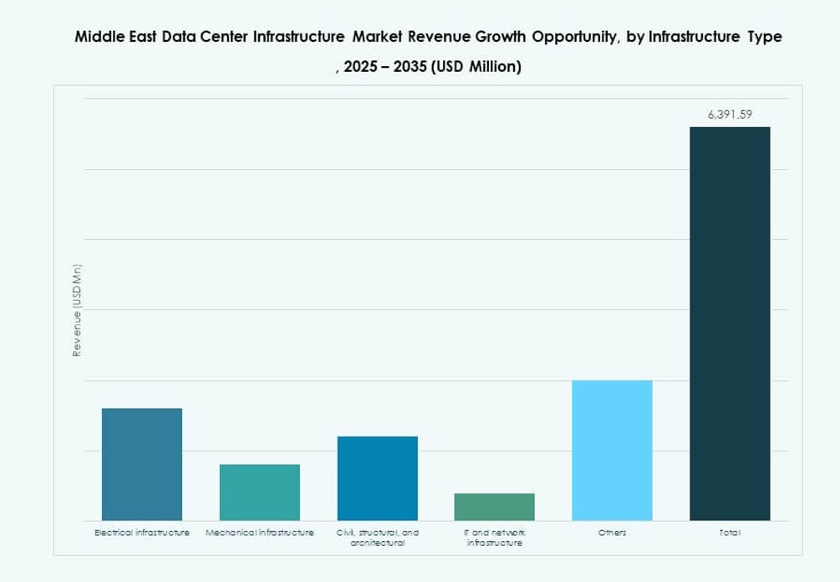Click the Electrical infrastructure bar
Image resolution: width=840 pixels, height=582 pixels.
click(142, 464)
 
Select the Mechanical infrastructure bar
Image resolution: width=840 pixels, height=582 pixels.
click(260, 492)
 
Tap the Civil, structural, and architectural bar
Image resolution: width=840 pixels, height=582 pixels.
click(377, 477)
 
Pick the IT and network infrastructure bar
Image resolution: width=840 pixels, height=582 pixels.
click(494, 506)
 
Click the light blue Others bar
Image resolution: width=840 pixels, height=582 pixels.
click(612, 450)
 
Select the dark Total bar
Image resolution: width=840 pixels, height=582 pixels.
click(730, 323)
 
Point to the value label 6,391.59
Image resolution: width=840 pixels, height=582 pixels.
click(730, 116)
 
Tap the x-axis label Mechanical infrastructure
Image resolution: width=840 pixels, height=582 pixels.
click(260, 533)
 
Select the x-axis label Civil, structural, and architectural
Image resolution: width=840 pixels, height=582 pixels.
click(377, 538)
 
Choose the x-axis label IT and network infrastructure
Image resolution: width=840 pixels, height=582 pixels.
click(494, 538)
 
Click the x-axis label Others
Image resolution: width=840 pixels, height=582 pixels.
click(612, 533)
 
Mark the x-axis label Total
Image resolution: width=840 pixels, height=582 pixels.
click(730, 533)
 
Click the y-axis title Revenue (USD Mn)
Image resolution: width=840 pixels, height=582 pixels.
click(77, 311)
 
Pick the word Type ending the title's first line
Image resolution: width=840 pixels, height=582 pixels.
click(762, 38)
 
